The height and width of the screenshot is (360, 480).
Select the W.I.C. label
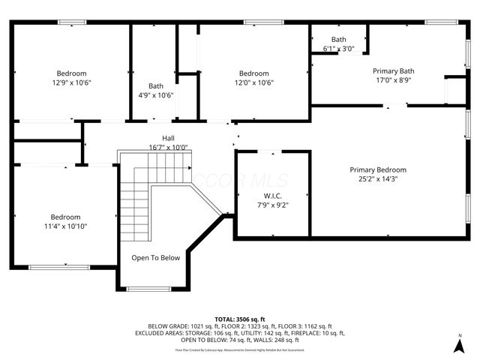[271, 195]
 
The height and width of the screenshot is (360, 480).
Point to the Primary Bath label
[393, 71]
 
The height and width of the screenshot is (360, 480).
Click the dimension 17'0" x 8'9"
[393, 80]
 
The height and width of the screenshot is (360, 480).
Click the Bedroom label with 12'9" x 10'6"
[72, 73]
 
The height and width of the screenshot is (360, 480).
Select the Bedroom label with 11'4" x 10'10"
[65, 217]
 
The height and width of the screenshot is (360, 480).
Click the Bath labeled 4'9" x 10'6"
[156, 85]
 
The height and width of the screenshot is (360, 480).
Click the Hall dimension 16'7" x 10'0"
[168, 148]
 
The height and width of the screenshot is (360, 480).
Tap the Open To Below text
[156, 258]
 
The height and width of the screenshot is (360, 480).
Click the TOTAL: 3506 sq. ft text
[240, 319]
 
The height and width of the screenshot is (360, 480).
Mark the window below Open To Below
[148, 289]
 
